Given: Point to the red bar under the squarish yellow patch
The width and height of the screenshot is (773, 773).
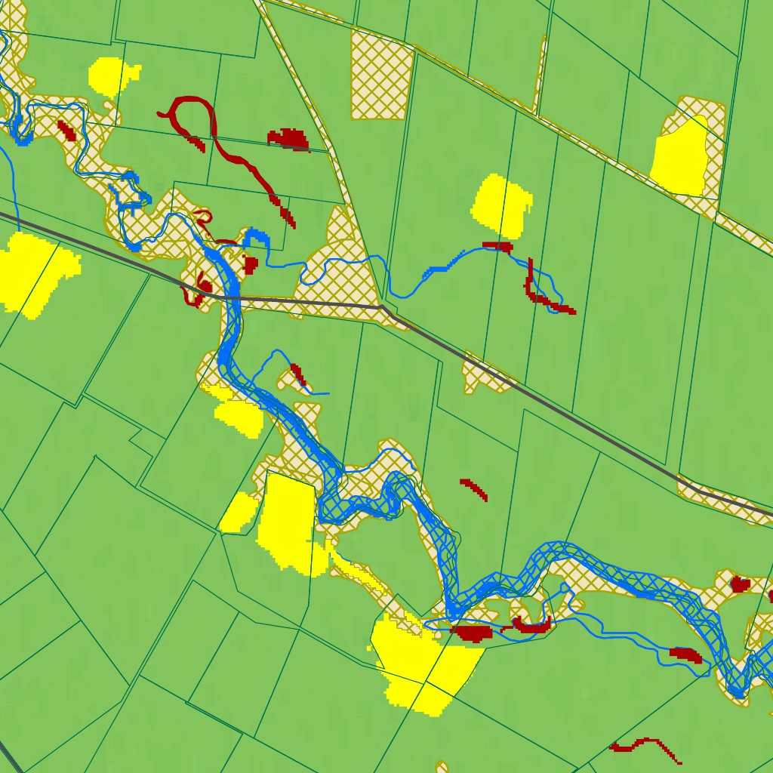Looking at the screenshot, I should [x=497, y=246].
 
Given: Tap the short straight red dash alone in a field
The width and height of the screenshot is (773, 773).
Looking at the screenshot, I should [x=474, y=488].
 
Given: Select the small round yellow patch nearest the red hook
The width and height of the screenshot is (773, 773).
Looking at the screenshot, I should [x=113, y=75].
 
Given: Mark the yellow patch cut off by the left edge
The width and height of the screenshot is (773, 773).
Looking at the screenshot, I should [x=34, y=272].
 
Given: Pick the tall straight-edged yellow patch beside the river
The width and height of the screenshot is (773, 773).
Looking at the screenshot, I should [x=287, y=521].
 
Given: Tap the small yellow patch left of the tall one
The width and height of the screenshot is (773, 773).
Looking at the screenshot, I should [x=239, y=512].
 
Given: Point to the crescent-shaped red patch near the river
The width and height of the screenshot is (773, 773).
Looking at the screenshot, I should [x=532, y=625].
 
